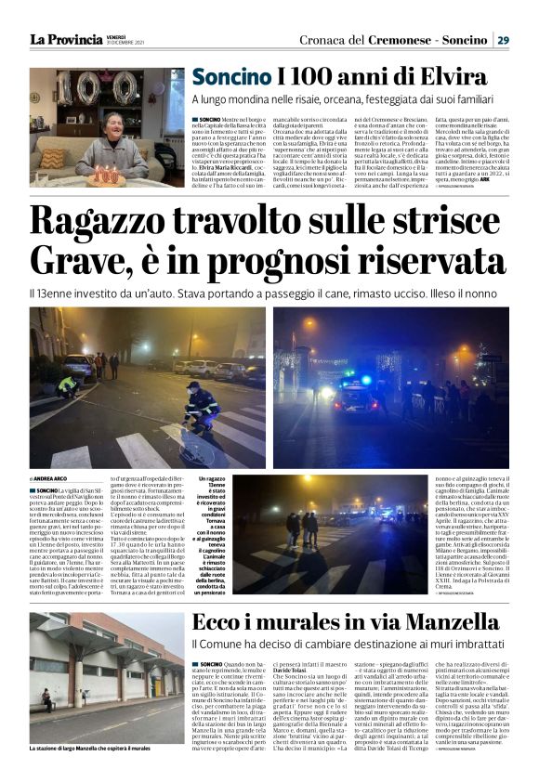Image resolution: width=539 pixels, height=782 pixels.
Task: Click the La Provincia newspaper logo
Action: click(x=66, y=39)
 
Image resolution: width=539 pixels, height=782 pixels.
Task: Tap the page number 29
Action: click(x=502, y=39)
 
